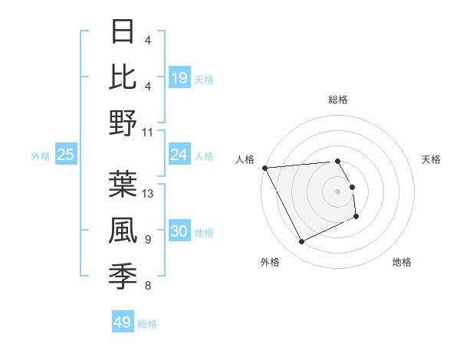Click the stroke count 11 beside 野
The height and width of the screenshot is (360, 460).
149,132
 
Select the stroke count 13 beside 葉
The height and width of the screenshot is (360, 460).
149,194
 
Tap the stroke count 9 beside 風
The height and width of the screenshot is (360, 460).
148,240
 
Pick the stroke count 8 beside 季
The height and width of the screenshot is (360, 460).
148,286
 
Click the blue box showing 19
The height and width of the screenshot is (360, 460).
179,77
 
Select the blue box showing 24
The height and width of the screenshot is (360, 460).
179,155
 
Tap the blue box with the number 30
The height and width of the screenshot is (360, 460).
179,231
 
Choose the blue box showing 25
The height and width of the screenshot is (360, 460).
66,155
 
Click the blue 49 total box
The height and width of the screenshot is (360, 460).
123,322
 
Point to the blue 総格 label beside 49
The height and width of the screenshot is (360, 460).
148,324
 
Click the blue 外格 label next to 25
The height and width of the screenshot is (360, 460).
41,156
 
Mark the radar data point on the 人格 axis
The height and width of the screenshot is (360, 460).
264,167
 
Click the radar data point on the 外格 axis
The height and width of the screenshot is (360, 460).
301,242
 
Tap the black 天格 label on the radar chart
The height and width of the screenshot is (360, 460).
432,159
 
